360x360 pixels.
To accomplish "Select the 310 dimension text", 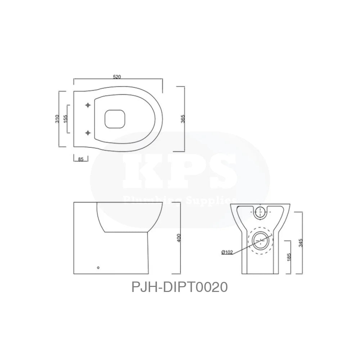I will coord(57,119).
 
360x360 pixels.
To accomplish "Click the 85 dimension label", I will coord(80,159).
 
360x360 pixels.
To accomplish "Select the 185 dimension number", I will coord(289,257).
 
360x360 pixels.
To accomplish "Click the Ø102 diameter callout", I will coord(227,252).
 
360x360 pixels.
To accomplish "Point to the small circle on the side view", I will coord(99,267).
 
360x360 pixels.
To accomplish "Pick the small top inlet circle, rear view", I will coord(260,212).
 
